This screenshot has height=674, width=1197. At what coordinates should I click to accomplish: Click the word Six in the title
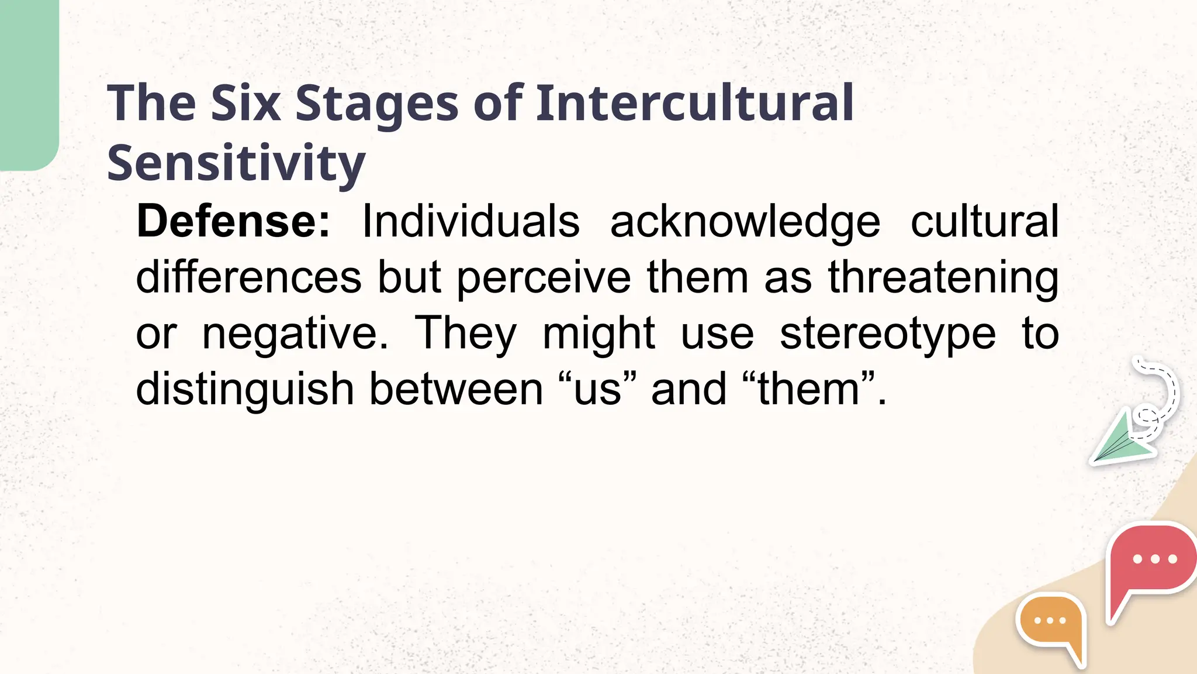(245, 104)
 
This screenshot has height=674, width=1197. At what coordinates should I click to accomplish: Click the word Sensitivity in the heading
(236, 164)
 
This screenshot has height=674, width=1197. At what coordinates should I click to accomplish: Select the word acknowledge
(745, 223)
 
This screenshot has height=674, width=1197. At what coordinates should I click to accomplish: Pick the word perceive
(544, 278)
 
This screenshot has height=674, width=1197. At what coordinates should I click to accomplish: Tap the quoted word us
(597, 390)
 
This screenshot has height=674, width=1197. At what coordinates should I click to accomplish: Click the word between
(456, 390)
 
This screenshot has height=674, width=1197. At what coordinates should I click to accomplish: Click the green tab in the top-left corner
(28, 82)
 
